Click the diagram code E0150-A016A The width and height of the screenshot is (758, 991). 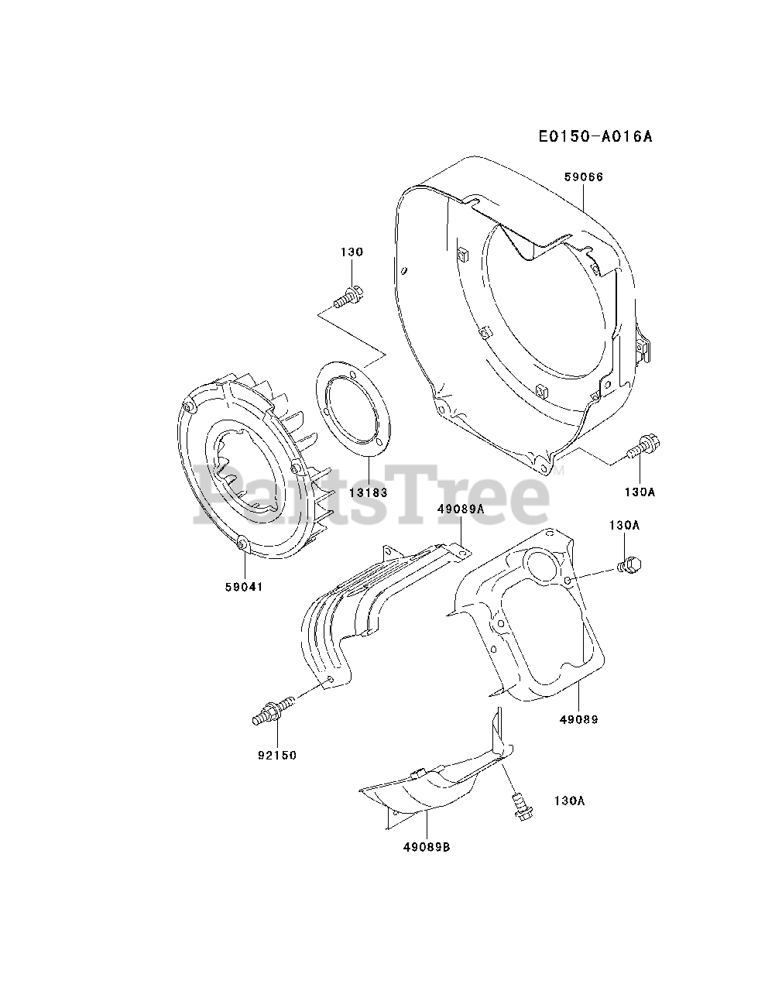(596, 137)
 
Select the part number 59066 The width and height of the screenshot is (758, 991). (584, 177)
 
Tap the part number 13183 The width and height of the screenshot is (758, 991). (368, 492)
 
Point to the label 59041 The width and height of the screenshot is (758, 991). (244, 587)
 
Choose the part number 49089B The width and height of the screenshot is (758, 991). (425, 847)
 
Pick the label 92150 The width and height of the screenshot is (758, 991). (277, 756)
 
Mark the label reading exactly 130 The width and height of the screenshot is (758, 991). (352, 252)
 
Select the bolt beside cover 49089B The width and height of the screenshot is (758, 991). (519, 806)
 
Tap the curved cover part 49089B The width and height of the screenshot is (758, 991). (434, 786)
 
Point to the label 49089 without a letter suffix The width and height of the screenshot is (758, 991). (578, 719)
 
